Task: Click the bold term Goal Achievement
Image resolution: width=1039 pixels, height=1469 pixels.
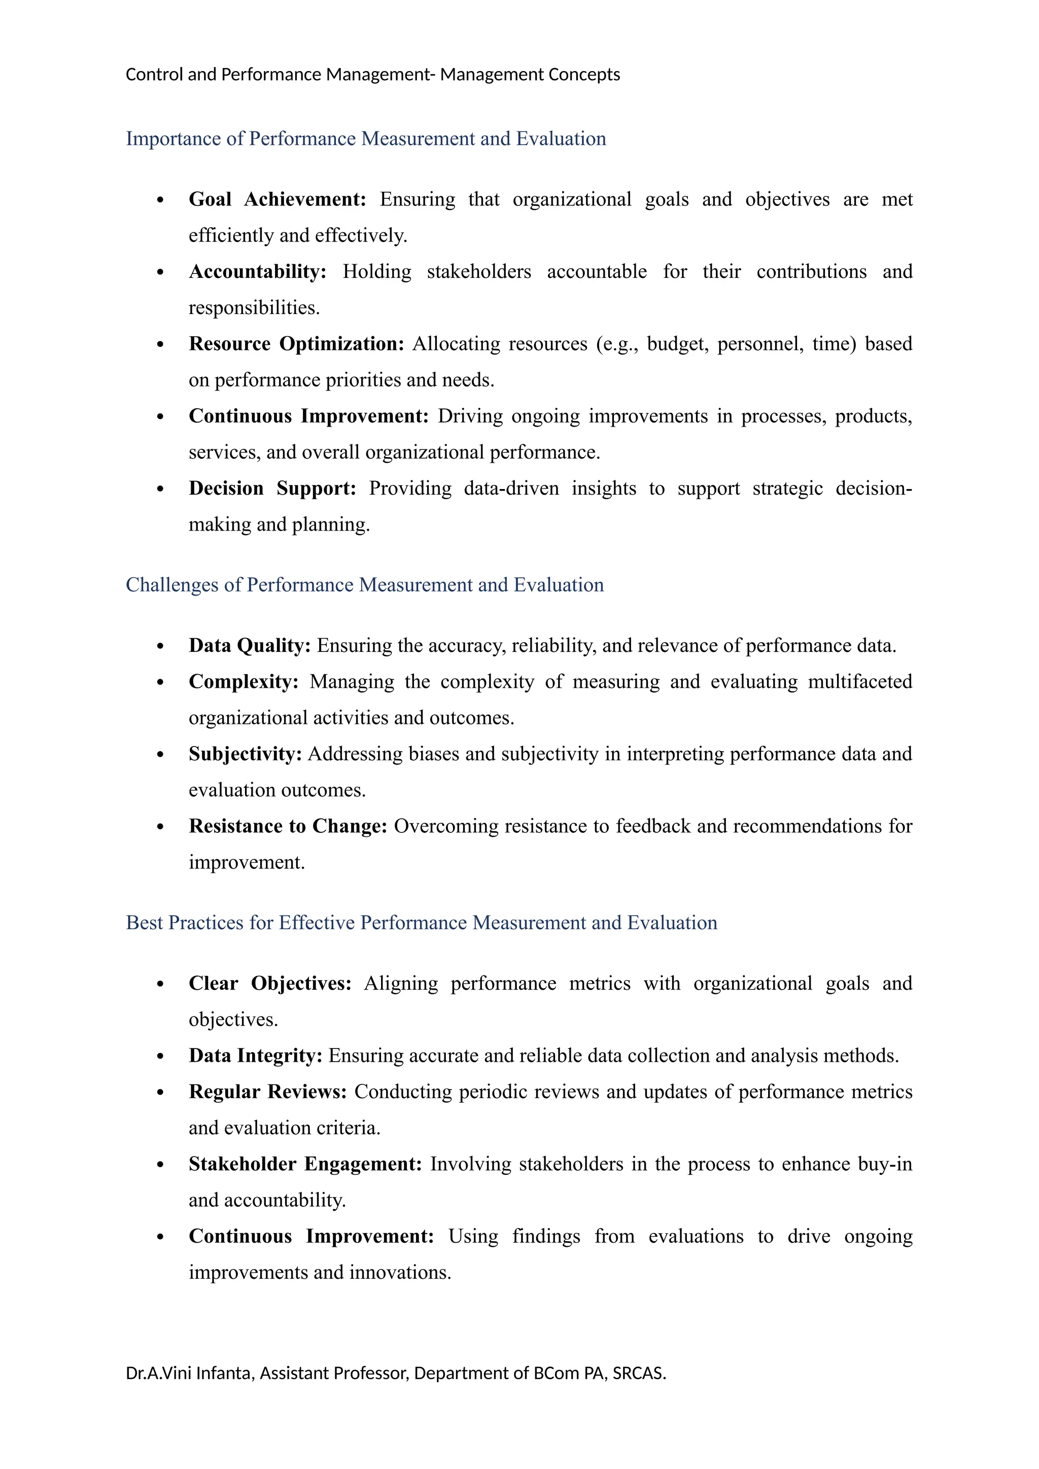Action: (276, 200)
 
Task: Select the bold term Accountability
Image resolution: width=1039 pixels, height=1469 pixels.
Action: (257, 272)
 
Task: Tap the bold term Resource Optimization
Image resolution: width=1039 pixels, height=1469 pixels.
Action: (296, 344)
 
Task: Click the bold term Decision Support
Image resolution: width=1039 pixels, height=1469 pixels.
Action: (272, 489)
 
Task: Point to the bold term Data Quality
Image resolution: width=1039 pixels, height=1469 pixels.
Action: (250, 646)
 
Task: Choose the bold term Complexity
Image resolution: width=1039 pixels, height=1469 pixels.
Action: (243, 682)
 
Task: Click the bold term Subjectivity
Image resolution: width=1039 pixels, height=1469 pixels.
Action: (245, 754)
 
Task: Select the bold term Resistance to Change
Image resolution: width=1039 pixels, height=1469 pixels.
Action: (288, 827)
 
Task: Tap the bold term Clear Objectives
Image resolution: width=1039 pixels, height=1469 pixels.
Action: (270, 984)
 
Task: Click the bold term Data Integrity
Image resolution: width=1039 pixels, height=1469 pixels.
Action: (255, 1056)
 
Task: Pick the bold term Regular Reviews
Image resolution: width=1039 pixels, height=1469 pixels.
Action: (267, 1092)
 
